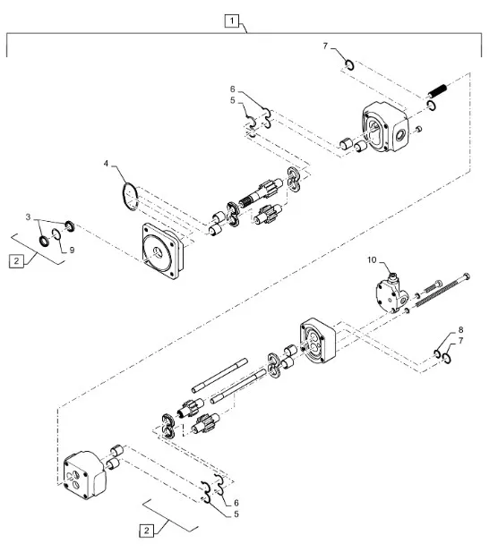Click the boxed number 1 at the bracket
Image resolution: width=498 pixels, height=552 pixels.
pos(232,21)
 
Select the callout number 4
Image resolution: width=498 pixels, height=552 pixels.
pos(106,164)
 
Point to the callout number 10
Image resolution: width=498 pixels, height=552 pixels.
pos(372,259)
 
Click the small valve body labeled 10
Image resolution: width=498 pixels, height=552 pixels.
pos(392,293)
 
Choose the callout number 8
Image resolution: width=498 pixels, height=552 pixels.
pos(460,330)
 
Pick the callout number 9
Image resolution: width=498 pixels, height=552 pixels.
pos(72,250)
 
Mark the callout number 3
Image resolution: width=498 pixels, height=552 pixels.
pos(28,217)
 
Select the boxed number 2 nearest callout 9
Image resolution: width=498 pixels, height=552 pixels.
pos(16,261)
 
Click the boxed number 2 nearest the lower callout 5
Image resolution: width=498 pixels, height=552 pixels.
pos(147,531)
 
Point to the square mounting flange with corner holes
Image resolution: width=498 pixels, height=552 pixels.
pos(162,251)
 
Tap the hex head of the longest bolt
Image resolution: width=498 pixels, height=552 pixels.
pos(467,276)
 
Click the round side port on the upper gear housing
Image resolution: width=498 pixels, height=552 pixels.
pos(400,134)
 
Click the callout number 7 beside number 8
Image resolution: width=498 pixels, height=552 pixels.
pos(460,341)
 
